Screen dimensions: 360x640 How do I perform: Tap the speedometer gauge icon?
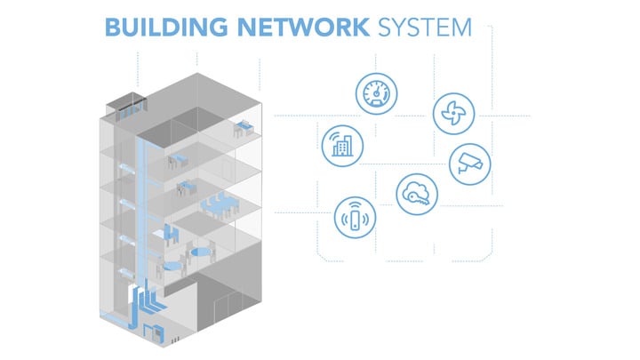click(x=375, y=94)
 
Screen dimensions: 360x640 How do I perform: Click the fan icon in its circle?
click(x=453, y=112)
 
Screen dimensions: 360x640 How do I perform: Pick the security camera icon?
click(x=468, y=163)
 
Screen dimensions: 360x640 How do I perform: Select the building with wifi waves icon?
click(x=340, y=145)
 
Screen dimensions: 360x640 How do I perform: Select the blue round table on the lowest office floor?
click(x=172, y=264)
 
